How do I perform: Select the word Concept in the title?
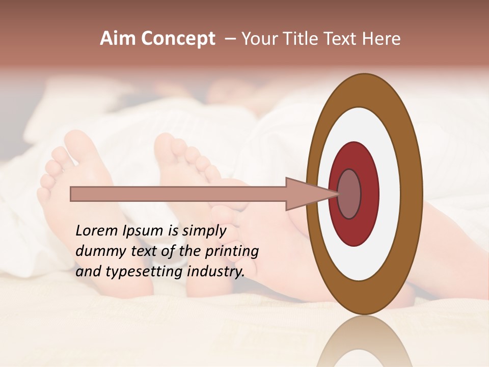point(178,39)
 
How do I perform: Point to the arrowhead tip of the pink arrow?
point(338,194)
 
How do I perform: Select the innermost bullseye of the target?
point(349,194)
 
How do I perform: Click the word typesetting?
point(145,272)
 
